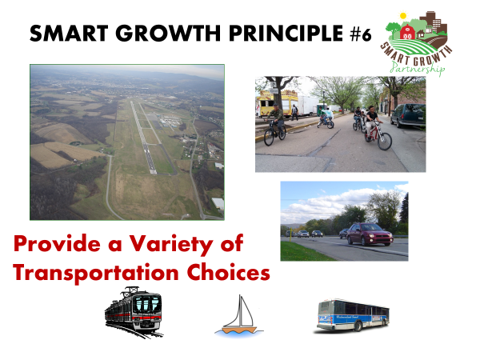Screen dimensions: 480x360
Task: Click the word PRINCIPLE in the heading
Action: pyautogui.click(x=286, y=33)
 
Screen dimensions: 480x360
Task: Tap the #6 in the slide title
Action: pyautogui.click(x=361, y=34)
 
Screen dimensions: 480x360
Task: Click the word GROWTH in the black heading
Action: pyautogui.click(x=168, y=33)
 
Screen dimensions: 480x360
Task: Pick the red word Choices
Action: pyautogui.click(x=228, y=271)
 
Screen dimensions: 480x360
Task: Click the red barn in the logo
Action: pyautogui.click(x=407, y=32)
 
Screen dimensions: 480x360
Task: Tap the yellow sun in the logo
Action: pyautogui.click(x=403, y=16)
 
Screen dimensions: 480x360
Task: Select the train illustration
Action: pyautogui.click(x=134, y=312)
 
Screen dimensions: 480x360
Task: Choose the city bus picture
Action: pyautogui.click(x=353, y=316)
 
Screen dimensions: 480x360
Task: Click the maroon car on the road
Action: pyautogui.click(x=370, y=234)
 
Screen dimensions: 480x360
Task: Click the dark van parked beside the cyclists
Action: pyautogui.click(x=408, y=115)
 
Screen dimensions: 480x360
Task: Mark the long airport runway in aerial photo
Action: pyautogui.click(x=143, y=138)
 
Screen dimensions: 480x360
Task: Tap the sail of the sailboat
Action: pyautogui.click(x=244, y=312)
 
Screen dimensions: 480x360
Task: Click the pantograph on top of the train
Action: pyautogui.click(x=132, y=290)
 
